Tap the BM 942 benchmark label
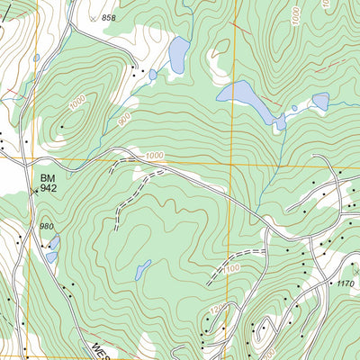48,183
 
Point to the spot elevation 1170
346,283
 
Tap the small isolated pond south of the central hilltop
142,269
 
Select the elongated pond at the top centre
178,55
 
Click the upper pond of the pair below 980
55,242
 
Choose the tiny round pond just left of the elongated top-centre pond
153,75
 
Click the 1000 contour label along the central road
154,157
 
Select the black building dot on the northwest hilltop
62,126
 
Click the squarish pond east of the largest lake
320,102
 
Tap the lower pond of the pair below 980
51,256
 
